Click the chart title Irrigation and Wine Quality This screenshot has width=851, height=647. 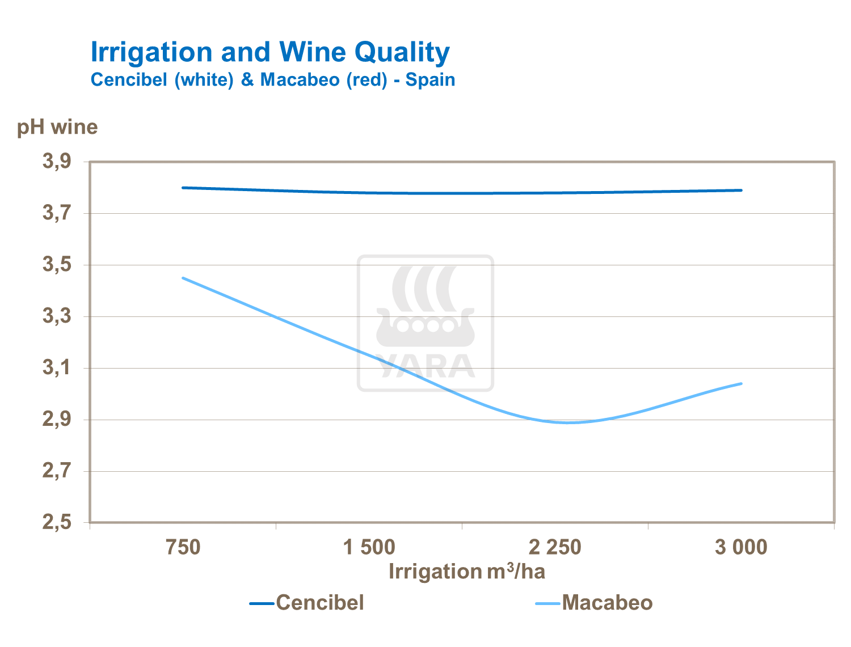pyautogui.click(x=270, y=53)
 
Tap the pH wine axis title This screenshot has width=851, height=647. pyautogui.click(x=57, y=127)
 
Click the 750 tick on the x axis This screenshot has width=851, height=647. pyautogui.click(x=183, y=548)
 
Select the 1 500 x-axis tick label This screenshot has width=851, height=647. pyautogui.click(x=369, y=548)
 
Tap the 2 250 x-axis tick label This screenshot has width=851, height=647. pyautogui.click(x=555, y=548)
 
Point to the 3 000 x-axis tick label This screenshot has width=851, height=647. pyautogui.click(x=741, y=548)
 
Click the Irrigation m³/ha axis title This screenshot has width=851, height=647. pyautogui.click(x=466, y=572)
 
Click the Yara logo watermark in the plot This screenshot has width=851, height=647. pyautogui.click(x=425, y=323)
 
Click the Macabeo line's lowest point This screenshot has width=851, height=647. pyautogui.click(x=567, y=422)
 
